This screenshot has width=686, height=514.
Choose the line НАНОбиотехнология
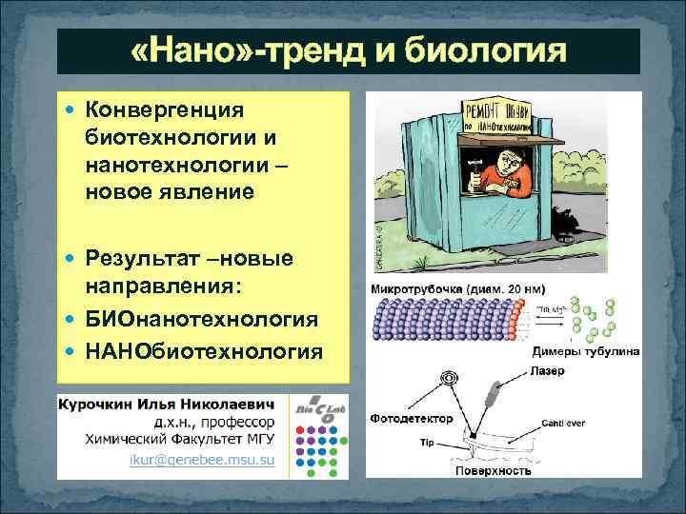tap(203, 351)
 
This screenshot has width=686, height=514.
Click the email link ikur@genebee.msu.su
tap(202, 462)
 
